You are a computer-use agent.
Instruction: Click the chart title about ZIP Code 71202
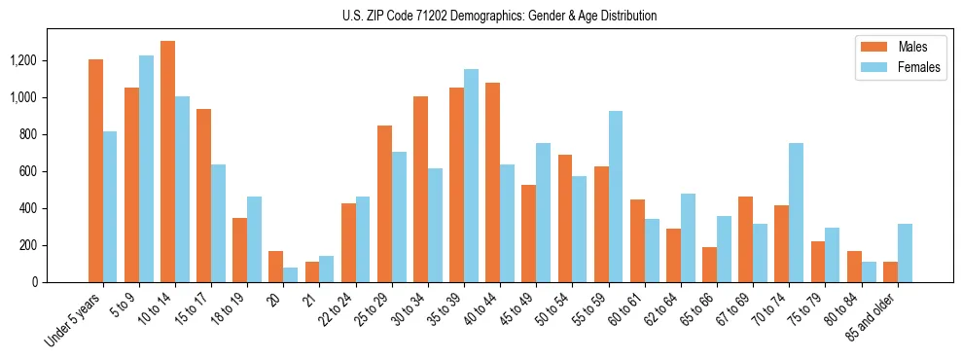click(x=500, y=16)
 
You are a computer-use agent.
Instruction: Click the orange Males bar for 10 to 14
click(x=167, y=162)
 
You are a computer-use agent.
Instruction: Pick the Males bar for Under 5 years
click(x=95, y=170)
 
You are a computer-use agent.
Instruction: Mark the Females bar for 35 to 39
click(x=471, y=175)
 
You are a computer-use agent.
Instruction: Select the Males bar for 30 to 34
click(x=420, y=189)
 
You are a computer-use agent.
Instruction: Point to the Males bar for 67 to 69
click(x=745, y=239)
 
